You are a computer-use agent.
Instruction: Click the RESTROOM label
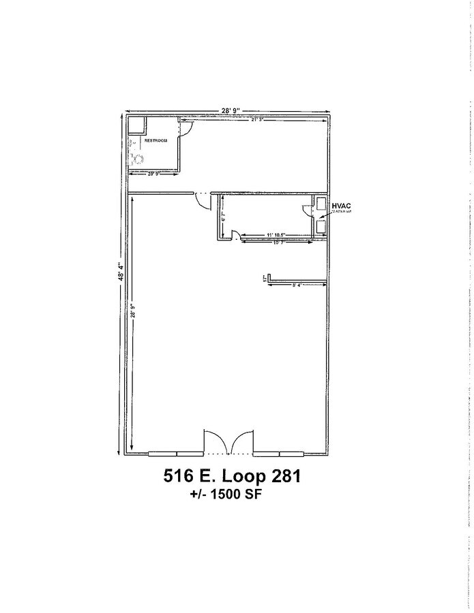(x=155, y=140)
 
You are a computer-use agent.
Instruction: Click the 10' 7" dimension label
(x=278, y=242)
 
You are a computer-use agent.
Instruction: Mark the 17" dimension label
(x=264, y=279)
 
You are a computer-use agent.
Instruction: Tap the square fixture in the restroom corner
(x=137, y=126)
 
